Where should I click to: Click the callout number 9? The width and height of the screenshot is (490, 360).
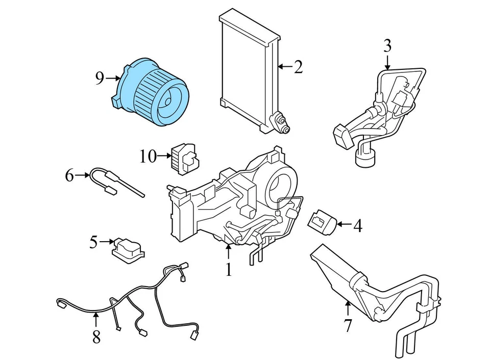[100, 78]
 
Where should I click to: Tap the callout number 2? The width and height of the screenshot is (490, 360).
[298, 67]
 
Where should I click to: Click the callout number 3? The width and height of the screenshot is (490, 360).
[387, 46]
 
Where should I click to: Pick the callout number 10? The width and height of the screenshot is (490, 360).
[148, 156]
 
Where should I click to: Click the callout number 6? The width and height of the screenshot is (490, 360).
[69, 176]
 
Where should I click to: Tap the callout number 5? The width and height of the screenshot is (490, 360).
[93, 242]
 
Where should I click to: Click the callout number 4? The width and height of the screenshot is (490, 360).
[358, 225]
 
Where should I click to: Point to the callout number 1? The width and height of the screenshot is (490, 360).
[229, 269]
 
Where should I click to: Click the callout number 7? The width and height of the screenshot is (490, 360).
[348, 325]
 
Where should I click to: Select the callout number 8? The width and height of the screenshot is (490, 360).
[96, 337]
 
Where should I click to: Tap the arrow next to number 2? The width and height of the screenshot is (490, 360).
[284, 67]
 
